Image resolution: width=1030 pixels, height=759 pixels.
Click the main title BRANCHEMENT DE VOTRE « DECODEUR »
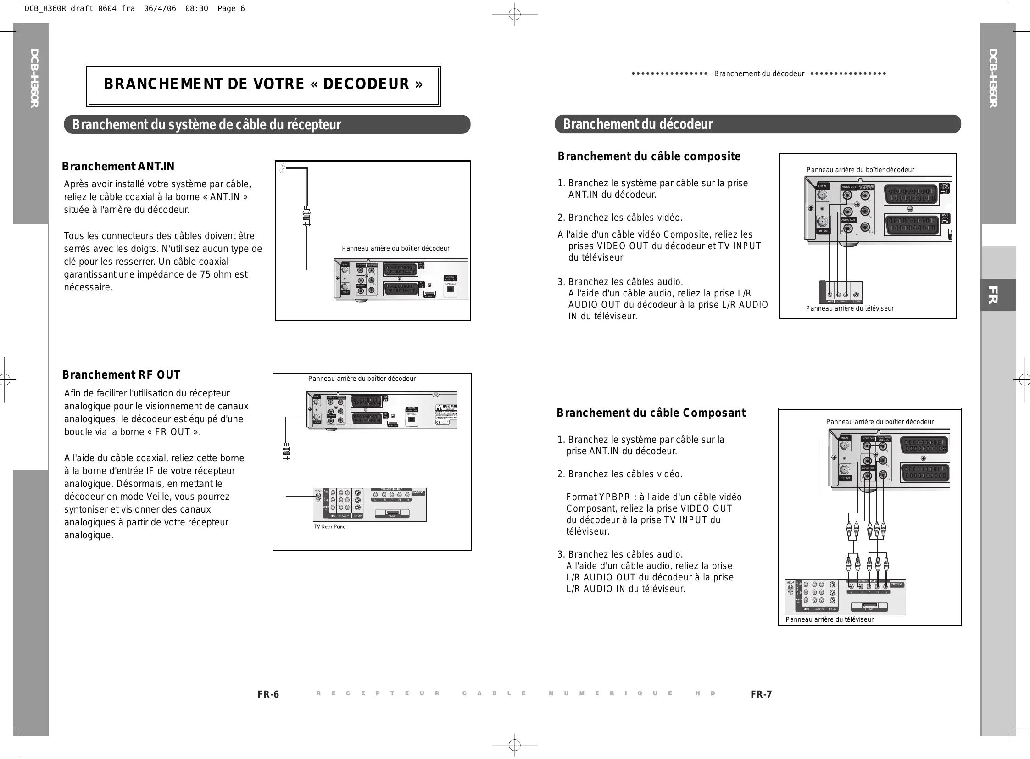pos(263,84)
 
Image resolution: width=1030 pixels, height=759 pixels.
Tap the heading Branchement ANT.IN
pos(118,166)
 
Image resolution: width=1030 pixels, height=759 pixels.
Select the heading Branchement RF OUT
pos(121,375)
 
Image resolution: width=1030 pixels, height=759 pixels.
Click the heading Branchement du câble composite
pos(649,156)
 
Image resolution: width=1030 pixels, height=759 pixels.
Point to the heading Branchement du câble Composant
pos(651,413)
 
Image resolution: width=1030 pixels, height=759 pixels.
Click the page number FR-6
pos(268,694)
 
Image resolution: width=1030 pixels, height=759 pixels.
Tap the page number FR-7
pos(761,694)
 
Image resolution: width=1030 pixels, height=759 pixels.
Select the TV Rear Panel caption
pos(330,526)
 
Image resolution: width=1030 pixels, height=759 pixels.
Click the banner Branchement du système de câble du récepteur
pos(206,125)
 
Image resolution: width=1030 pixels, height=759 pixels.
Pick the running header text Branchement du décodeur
pos(759,73)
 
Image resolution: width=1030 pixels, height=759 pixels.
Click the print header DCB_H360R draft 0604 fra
pos(79,8)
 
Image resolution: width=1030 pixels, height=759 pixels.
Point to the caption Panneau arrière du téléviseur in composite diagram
pos(849,308)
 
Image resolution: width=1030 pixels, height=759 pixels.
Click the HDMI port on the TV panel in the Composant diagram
pos(870,605)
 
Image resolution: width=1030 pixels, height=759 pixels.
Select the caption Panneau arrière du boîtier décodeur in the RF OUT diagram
pos(362,379)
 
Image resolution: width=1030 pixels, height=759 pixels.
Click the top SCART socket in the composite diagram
pos(911,194)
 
